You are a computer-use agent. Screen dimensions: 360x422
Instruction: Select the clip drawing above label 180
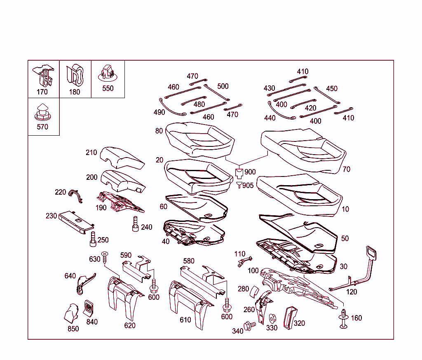coord(75,75)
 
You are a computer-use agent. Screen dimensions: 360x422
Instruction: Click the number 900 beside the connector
coord(250,172)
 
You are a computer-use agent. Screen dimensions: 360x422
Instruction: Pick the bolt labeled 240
coord(135,224)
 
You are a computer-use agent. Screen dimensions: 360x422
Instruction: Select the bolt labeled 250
coord(93,239)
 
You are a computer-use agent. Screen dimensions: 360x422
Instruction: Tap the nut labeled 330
coord(272,319)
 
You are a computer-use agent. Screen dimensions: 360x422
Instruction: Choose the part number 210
coord(91,153)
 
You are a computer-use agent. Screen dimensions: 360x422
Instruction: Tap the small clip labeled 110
coord(244,261)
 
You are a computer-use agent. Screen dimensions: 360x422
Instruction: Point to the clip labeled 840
coord(89,308)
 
